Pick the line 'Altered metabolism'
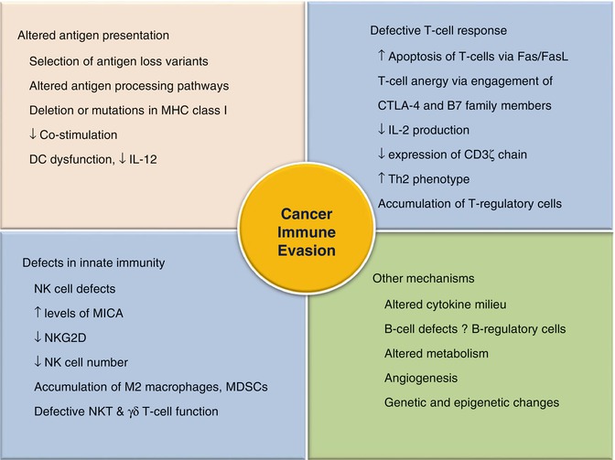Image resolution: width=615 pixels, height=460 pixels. pos(436,354)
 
